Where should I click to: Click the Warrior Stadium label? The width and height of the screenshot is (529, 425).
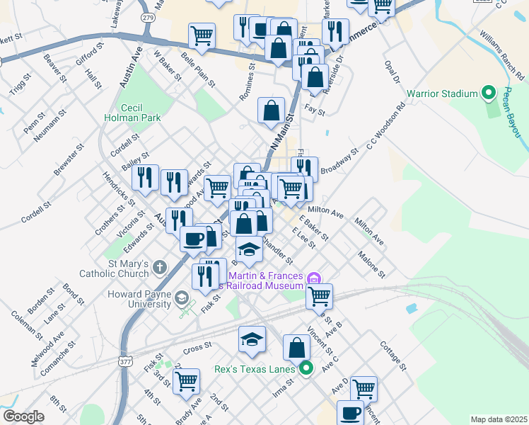442,93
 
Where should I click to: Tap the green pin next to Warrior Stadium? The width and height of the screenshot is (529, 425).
487,93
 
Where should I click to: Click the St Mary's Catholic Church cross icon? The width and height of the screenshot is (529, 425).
160,268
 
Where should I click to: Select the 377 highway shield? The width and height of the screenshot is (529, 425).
125,361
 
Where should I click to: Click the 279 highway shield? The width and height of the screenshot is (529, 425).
147,16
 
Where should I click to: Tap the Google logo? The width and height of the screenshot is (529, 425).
23,416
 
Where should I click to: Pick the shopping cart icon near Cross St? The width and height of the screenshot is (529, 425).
186,380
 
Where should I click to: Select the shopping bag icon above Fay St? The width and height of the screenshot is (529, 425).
271,110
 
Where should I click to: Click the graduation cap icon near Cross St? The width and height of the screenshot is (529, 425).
252,339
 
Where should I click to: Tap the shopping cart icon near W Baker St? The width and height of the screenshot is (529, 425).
202,35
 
